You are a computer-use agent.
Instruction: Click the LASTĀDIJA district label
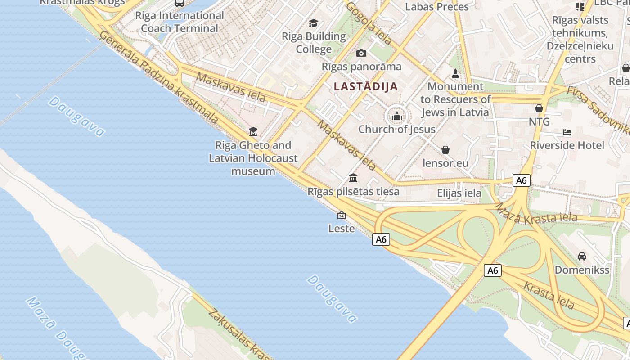[366, 86]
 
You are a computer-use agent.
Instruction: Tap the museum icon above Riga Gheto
[253, 132]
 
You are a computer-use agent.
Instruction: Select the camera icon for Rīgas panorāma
[361, 54]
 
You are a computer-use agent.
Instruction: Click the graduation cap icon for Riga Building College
[313, 23]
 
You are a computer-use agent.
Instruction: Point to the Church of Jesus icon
[396, 117]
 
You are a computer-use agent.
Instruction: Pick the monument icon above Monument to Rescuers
[455, 73]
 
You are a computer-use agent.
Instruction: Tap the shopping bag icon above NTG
[539, 108]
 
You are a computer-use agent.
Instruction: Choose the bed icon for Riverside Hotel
[567, 132]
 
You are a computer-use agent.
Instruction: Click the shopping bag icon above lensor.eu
[445, 149]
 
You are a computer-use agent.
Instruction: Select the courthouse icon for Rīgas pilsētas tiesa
[353, 178]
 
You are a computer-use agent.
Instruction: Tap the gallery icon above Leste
[342, 215]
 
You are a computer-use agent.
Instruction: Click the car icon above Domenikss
[582, 256]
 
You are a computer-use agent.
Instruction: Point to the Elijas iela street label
[459, 193]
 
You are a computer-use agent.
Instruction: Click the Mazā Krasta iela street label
[535, 213]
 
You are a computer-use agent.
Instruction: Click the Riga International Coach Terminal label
[180, 22]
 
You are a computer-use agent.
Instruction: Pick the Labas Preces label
[436, 7]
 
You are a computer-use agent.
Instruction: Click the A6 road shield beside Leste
[381, 239]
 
